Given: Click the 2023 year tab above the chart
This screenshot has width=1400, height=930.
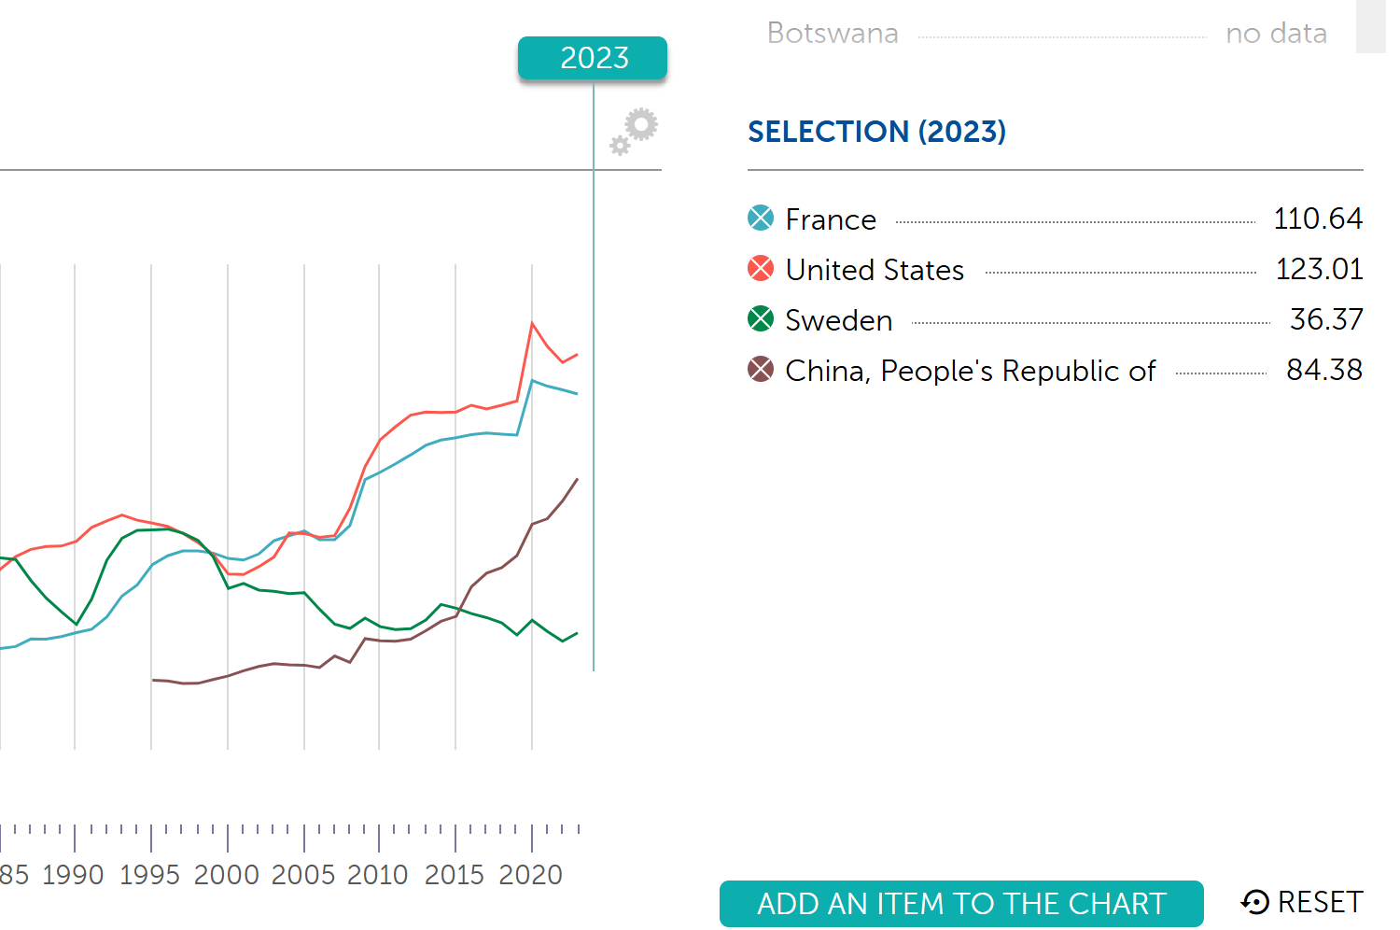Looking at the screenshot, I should coord(593,58).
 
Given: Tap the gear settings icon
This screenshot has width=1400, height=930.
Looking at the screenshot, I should coord(636,130).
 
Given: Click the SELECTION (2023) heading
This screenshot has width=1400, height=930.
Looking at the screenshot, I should coord(876,132).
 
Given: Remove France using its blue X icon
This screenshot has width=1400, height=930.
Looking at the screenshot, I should coord(761,218).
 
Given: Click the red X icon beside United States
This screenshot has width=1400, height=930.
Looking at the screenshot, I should coord(761,269).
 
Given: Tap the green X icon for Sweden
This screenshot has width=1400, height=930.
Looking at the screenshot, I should coord(761,319).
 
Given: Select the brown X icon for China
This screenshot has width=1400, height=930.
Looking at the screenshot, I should coord(761,370).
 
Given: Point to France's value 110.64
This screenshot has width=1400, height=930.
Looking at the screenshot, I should coord(1317,218).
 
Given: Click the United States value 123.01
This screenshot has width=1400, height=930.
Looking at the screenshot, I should coord(1318,269).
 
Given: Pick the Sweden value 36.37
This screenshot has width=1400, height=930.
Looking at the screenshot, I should coord(1325,319).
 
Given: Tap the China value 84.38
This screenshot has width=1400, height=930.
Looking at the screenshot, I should coord(1323,370).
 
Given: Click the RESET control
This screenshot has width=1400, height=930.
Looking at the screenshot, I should coord(1302,902).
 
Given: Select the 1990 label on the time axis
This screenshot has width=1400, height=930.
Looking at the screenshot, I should coord(73,875).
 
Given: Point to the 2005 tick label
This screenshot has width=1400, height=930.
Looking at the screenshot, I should coord(302,875).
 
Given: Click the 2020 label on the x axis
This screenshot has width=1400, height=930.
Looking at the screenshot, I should coord(530,875).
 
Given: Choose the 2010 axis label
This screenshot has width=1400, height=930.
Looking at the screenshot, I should coord(378,875).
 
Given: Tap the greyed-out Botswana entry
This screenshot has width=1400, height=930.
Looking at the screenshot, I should coord(833,34).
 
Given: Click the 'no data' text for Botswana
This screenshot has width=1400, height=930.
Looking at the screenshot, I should coord(1276,34).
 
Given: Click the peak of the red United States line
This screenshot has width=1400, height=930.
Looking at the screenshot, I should coord(532,324).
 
